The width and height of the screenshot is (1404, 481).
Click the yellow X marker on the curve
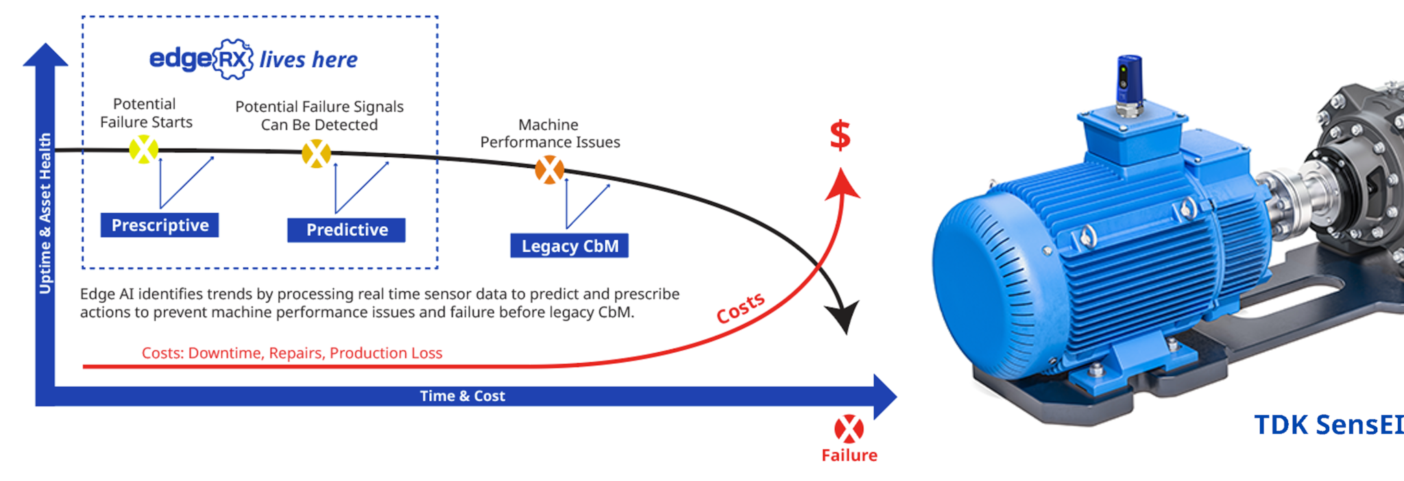[144, 149]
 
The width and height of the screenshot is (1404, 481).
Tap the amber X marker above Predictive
[316, 153]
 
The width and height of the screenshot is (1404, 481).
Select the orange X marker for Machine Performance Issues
[549, 170]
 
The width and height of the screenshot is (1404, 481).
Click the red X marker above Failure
[849, 429]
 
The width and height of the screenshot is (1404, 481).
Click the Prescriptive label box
[160, 225]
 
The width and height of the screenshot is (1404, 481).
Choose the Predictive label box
[346, 230]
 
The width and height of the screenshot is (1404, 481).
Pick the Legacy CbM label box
[569, 246]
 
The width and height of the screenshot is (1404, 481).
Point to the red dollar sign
[840, 135]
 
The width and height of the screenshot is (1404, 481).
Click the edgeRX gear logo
[233, 60]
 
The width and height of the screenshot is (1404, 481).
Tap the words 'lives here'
[308, 60]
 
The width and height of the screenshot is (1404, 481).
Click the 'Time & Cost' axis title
[462, 396]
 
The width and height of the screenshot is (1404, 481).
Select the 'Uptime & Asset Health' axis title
[45, 213]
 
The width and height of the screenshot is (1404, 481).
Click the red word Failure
[849, 456]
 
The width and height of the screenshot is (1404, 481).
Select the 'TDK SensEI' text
[1328, 425]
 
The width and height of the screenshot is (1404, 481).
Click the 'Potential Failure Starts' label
[146, 113]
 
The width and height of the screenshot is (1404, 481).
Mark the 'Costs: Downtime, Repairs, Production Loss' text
[292, 353]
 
